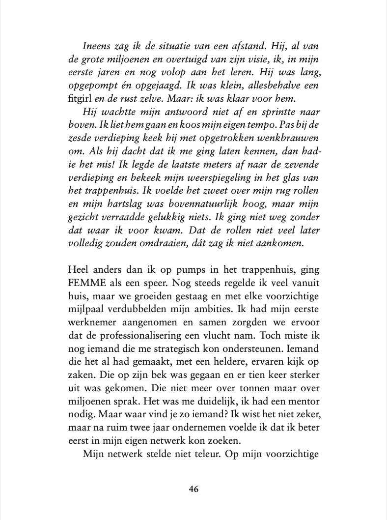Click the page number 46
(193, 489)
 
